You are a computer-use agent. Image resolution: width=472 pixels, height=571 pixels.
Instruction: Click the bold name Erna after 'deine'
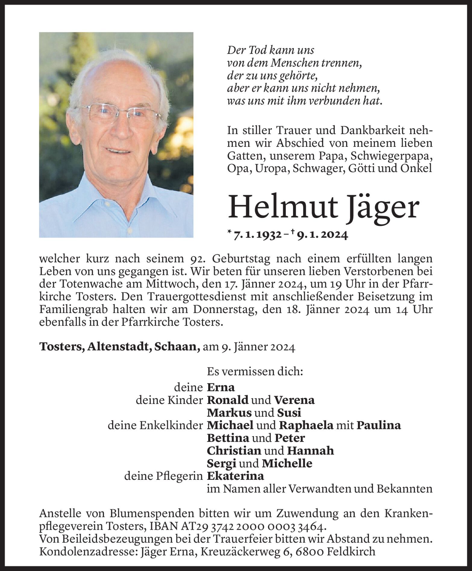(x=221, y=387)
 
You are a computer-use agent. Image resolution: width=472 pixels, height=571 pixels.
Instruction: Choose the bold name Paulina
(x=379, y=425)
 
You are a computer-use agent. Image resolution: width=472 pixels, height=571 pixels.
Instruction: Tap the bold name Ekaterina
(x=235, y=476)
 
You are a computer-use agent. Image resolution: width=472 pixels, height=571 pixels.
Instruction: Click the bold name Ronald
(x=228, y=400)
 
